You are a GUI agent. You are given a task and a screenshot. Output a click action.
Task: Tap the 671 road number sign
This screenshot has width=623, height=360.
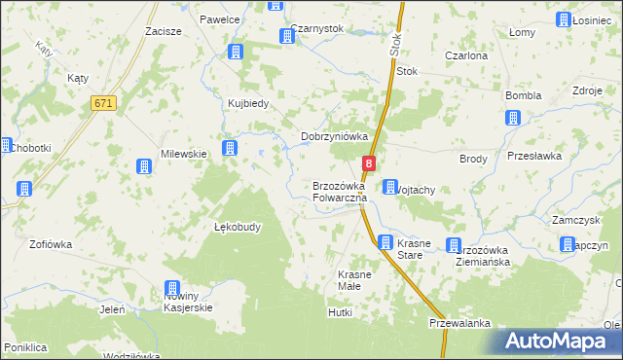click(102, 103)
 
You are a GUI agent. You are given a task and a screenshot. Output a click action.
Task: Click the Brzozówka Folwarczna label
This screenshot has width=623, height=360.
click(339, 192)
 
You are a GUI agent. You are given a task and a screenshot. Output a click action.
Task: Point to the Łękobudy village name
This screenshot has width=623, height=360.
click(238, 227)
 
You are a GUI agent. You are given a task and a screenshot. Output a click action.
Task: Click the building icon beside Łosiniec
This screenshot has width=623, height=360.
click(564, 19)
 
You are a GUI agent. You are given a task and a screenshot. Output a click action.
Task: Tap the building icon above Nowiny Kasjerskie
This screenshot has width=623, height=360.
click(172, 288)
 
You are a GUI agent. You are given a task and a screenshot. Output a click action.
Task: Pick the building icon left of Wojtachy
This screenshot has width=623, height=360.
click(389, 187)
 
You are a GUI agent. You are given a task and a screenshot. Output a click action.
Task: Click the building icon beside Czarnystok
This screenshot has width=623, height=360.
click(287, 37)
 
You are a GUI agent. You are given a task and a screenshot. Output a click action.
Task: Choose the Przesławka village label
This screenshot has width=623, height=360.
click(535, 156)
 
